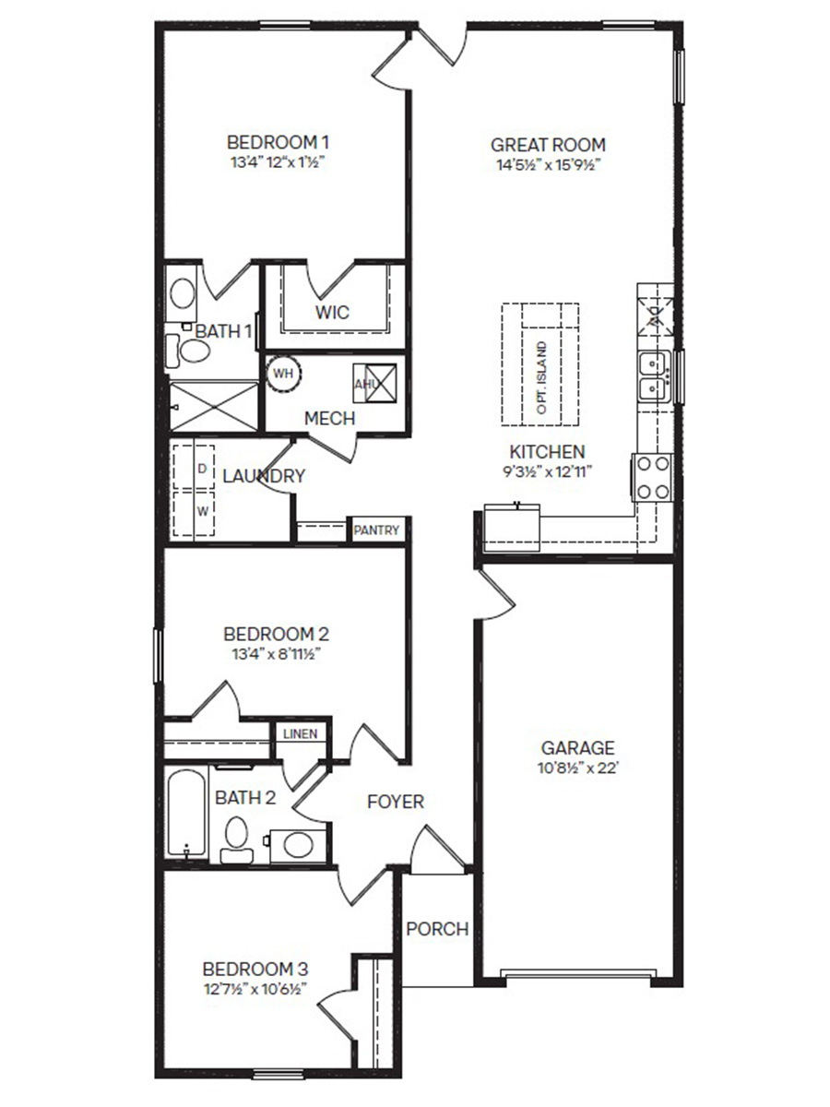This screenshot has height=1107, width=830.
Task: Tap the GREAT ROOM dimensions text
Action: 548,165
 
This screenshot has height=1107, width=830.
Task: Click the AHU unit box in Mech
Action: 375,382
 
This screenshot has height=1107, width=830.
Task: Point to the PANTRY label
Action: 377,530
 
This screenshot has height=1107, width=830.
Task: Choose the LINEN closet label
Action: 300,734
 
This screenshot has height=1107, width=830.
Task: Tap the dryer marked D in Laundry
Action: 202,469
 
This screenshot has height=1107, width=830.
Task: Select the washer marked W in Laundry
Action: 202,508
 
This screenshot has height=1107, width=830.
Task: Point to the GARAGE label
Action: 577,748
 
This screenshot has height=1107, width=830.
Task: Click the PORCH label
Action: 437,929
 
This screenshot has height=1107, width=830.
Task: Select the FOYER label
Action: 396,802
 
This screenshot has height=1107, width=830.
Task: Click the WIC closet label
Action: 332,312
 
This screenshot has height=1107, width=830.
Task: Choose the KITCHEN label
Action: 547,452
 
